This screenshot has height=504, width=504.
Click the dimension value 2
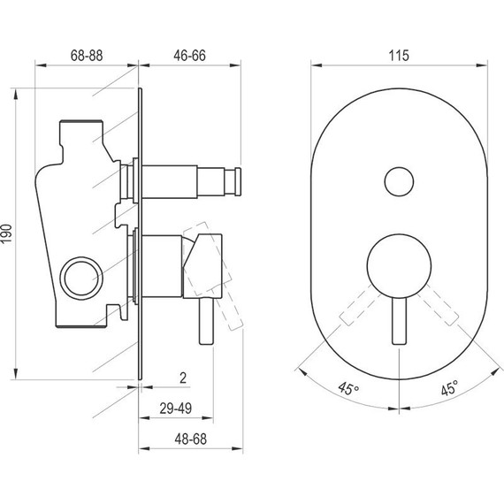[181, 378]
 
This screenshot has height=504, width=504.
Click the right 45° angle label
[449, 388]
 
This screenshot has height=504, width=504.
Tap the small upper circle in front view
[398, 183]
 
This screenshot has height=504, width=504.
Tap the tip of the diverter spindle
[235, 182]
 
